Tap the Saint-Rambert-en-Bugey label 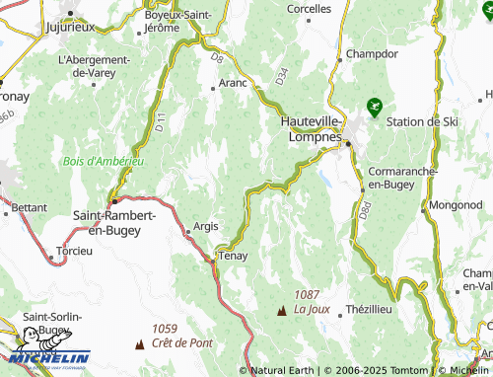(108, 222)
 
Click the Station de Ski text (423, 121)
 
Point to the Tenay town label (233, 256)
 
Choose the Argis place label (206, 226)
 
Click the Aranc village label (233, 84)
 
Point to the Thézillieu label (370, 309)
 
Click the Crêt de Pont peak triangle (138, 344)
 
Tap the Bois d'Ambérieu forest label (103, 161)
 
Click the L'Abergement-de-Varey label (95, 65)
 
